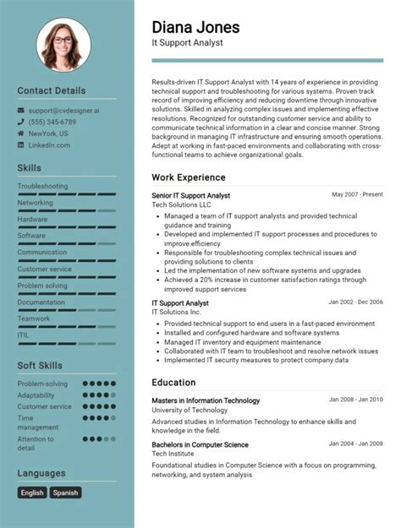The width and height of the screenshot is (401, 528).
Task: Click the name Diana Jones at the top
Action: [195, 27]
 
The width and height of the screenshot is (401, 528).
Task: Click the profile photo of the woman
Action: [63, 46]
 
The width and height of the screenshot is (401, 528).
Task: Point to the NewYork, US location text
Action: [48, 133]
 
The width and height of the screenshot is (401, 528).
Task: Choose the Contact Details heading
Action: [52, 90]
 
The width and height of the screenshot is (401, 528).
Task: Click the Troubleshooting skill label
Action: [42, 186]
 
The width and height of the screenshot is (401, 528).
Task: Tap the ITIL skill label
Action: [24, 335]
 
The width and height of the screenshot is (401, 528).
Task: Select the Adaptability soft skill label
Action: [36, 395]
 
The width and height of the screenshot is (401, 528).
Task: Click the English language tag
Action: [32, 493]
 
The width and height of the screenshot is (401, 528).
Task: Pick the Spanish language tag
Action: [65, 493]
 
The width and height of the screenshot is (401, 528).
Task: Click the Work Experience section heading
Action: [189, 177]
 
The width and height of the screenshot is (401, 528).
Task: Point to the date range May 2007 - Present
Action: [357, 194]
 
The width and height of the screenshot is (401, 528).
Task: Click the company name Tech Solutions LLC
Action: [181, 205]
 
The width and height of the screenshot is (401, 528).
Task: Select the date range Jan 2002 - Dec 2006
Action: [355, 302]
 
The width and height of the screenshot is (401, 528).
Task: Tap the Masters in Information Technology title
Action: [206, 400]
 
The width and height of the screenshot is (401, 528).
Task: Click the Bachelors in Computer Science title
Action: [200, 444]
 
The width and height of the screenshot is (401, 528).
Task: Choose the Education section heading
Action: [174, 382]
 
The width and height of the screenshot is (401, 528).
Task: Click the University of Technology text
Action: [190, 411]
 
